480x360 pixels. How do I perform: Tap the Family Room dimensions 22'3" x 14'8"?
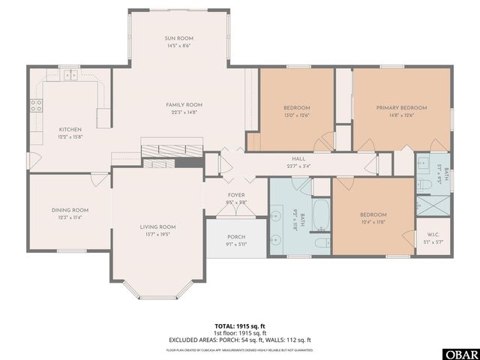coord(184,112)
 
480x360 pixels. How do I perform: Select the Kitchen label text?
coord(70,129)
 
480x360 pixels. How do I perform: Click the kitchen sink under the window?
coord(70,75)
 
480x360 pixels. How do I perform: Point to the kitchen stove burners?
coord(35,106)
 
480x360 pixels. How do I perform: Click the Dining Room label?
coord(70,210)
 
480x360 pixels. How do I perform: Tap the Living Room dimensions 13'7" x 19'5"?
coord(157,234)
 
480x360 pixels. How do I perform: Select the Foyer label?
coord(236,195)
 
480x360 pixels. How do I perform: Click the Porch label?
coord(235,237)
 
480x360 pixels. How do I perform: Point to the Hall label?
coord(298,159)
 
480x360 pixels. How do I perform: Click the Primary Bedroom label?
coord(401,108)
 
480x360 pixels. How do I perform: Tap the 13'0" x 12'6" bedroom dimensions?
coord(296,115)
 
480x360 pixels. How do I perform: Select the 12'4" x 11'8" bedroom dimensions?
coord(372,221)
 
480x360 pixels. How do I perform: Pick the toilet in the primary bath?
coord(424,183)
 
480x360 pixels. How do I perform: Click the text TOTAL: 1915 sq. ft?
coord(239,326)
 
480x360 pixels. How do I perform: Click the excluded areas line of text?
coord(239,339)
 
